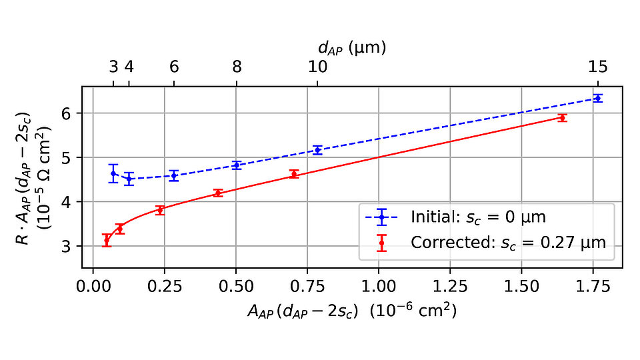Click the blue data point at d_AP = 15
pyautogui.click(x=597, y=98)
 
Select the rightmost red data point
pyautogui.click(x=563, y=117)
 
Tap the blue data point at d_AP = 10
pyautogui.click(x=318, y=150)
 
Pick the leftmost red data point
pyautogui.click(x=106, y=240)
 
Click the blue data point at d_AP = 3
pyautogui.click(x=113, y=173)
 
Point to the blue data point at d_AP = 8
pyautogui.click(x=236, y=165)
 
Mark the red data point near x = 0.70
pyautogui.click(x=294, y=174)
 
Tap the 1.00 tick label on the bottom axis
pyautogui.click(x=378, y=287)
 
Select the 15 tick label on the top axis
pyautogui.click(x=597, y=67)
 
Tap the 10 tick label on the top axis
pyautogui.click(x=318, y=67)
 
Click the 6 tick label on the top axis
pyautogui.click(x=174, y=67)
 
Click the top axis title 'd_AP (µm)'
pyautogui.click(x=352, y=47)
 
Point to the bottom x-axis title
pyautogui.click(x=352, y=310)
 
